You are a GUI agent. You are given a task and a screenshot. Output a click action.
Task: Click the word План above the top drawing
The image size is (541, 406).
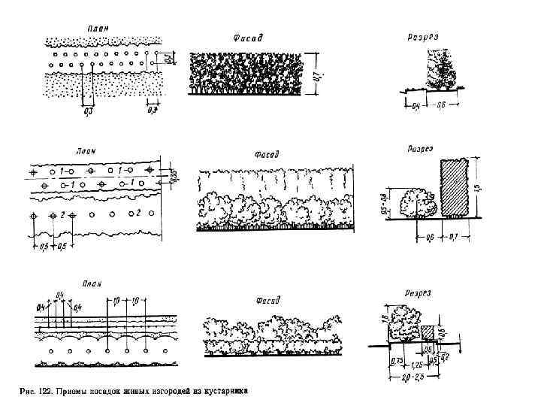coord(98,28)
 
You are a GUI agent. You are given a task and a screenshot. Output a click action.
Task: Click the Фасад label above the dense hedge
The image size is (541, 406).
coord(244,38)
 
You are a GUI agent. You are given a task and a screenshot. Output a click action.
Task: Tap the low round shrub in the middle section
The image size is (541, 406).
coord(417,204)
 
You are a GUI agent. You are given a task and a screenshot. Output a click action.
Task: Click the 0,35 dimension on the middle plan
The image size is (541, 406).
coord(174,176)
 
